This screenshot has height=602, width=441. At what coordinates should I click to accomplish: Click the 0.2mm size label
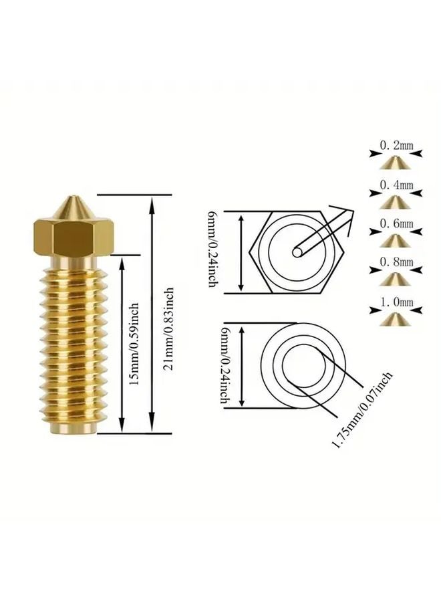(x=396, y=146)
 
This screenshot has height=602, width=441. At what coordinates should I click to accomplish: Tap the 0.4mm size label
(x=396, y=185)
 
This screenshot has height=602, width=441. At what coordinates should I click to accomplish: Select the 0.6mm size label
(x=396, y=223)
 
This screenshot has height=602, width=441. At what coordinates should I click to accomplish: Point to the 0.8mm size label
(x=396, y=262)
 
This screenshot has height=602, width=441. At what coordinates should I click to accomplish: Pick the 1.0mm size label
(x=396, y=302)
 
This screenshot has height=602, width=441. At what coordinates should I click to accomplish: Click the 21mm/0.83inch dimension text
(x=169, y=328)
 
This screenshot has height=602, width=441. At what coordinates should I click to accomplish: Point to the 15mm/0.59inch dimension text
(x=133, y=344)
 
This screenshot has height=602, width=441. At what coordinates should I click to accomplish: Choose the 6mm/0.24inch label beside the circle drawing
(x=225, y=365)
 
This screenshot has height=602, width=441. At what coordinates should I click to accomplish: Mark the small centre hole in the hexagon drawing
(x=297, y=252)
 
